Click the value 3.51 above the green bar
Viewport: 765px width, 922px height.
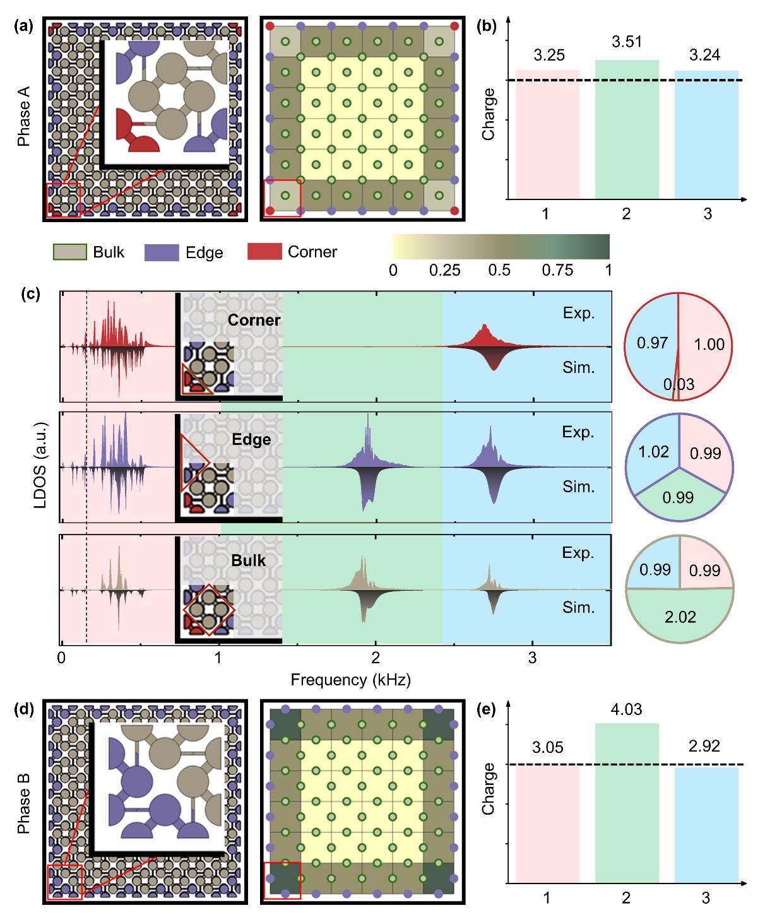pos(626,42)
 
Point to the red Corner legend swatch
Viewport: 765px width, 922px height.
pos(264,252)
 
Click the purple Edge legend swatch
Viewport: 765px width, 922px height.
pos(162,252)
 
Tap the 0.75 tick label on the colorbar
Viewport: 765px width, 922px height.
pos(558,270)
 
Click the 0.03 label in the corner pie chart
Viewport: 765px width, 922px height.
pos(678,384)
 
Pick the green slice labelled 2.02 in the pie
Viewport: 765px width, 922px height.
pos(680,617)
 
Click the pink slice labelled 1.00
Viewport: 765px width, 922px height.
pos(708,345)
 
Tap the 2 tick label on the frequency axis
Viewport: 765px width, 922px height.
pos(376,658)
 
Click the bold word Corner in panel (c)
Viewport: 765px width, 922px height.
pos(254,320)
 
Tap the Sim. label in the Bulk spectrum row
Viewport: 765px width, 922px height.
pos(579,607)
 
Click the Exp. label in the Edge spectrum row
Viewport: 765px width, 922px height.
pos(578,432)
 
